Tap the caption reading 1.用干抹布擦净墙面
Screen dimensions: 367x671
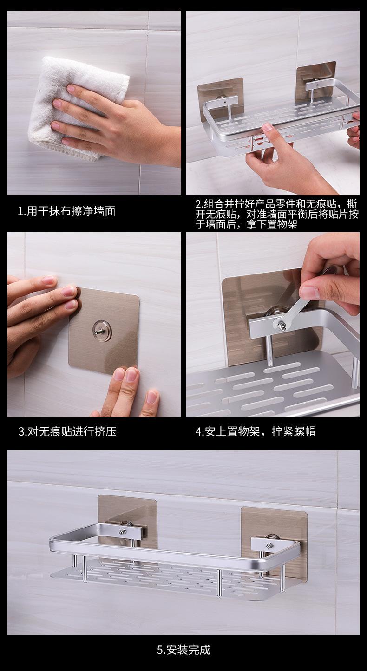tap(66, 211)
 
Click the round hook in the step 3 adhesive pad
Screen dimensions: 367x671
tap(103, 330)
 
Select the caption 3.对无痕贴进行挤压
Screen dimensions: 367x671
tap(67, 432)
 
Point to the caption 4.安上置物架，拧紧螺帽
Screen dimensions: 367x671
tap(256, 432)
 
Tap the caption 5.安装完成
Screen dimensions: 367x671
tap(183, 650)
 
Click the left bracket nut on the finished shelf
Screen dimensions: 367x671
tap(123, 532)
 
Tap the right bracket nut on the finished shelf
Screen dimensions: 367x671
tap(269, 546)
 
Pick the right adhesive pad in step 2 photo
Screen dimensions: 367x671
tap(316, 81)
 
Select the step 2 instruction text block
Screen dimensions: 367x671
tap(277, 215)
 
